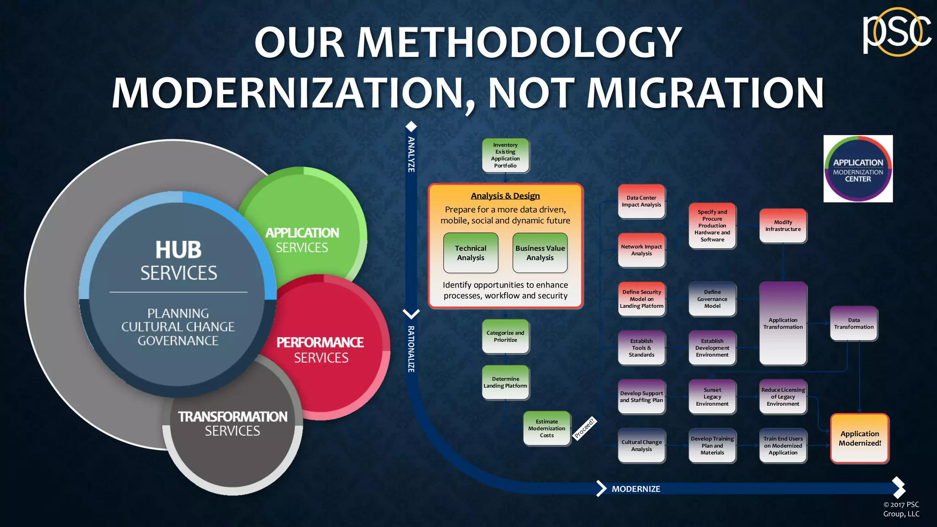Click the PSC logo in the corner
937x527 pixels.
click(896, 32)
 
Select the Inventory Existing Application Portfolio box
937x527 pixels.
click(505, 156)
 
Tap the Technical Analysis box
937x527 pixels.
click(470, 253)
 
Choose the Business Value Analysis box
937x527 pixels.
click(540, 253)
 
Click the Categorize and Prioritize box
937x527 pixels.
click(505, 337)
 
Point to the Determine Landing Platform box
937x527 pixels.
click(505, 382)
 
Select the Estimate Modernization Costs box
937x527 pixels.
click(547, 429)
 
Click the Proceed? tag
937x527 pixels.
click(585, 428)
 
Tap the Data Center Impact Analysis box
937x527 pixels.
click(641, 201)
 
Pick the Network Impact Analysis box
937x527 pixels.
click(641, 250)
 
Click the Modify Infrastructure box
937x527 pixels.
click(783, 226)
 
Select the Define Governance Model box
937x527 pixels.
click(712, 299)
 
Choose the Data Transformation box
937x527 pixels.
click(854, 323)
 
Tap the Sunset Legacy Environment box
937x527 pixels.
click(712, 397)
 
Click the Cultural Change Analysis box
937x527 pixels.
click(641, 446)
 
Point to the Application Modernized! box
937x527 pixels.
click(860, 438)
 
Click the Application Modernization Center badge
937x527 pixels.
click(858, 169)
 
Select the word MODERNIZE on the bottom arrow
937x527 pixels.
click(636, 489)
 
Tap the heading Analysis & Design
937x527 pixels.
click(505, 196)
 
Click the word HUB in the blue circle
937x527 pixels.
click(178, 250)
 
